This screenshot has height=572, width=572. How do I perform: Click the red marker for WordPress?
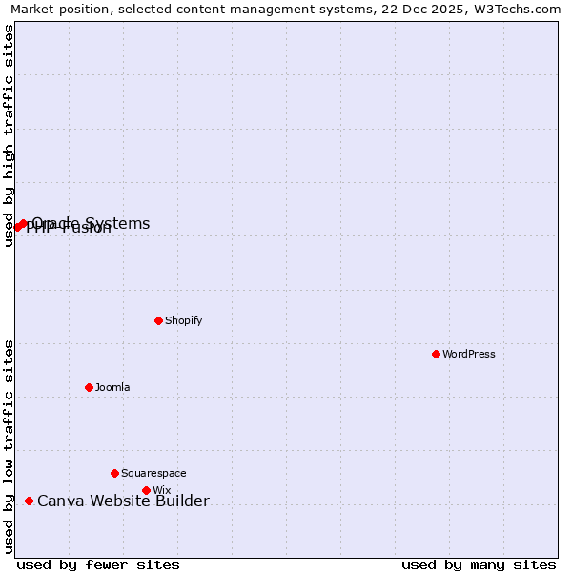[x=436, y=354]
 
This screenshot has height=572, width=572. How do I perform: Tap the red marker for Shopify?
[x=158, y=320]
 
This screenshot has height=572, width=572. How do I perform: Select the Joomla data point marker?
[x=89, y=387]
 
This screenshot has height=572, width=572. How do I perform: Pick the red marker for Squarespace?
[x=114, y=473]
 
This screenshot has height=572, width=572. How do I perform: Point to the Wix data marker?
[x=146, y=490]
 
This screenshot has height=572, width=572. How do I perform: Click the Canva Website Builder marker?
[x=29, y=500]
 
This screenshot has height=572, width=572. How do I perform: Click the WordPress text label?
[x=469, y=354]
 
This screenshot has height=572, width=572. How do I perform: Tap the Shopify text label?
[x=184, y=320]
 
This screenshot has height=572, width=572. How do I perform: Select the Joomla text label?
[x=112, y=387]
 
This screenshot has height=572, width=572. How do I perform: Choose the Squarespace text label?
[x=153, y=473]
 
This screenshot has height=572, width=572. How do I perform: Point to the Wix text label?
[x=161, y=490]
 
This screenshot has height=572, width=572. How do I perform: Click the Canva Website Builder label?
[x=123, y=500]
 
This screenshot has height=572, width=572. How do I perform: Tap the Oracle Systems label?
[x=92, y=223]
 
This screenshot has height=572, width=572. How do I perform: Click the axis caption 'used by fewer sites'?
[x=98, y=564]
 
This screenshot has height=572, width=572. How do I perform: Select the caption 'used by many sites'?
[x=479, y=564]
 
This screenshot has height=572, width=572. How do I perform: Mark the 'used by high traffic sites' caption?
[x=9, y=135]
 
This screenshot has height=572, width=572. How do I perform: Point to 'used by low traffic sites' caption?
[x=9, y=446]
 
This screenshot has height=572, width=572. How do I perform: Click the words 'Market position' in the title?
[x=54, y=9]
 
